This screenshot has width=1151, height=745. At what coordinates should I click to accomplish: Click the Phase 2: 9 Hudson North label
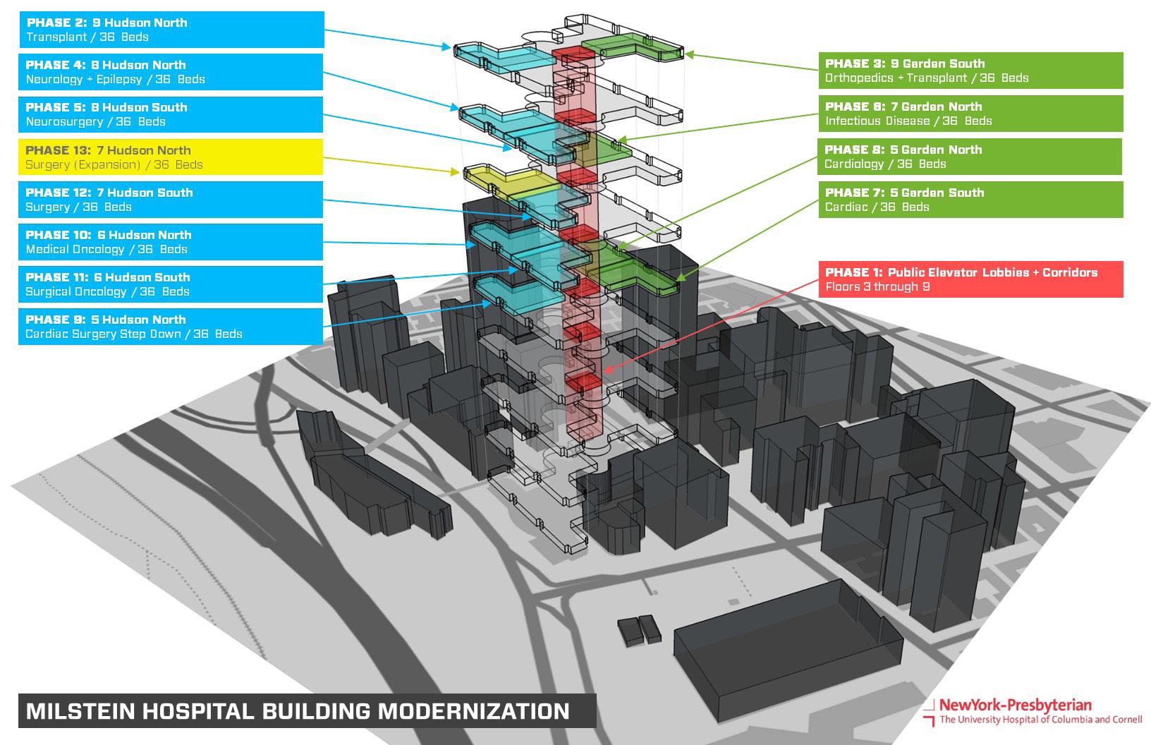tap(171, 30)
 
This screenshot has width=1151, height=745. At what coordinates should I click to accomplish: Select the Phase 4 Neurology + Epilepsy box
tap(171, 72)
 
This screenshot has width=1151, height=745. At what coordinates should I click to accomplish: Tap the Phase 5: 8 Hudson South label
tap(171, 114)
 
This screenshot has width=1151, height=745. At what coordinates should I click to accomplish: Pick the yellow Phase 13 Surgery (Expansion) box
tap(171, 157)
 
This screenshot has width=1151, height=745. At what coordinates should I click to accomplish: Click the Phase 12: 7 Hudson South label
tap(171, 200)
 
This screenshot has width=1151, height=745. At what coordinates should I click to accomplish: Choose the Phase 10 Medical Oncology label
tap(171, 242)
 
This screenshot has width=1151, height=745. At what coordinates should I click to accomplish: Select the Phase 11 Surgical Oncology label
tap(171, 284)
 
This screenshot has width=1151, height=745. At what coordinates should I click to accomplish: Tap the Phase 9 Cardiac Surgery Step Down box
tap(171, 327)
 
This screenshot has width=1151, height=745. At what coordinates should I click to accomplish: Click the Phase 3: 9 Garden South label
tap(970, 71)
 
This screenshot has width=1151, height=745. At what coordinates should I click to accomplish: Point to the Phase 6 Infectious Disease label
tap(970, 114)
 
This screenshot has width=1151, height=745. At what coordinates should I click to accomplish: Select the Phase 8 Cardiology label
tap(970, 157)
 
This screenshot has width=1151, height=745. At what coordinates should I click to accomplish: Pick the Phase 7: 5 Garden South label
tap(970, 200)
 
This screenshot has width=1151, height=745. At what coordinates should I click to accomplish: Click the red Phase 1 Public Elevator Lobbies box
tap(970, 279)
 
